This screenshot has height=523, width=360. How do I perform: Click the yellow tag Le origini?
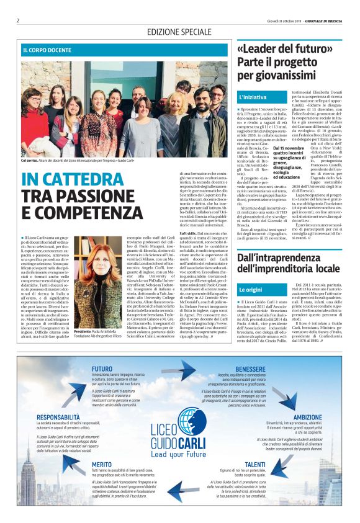(x=251, y=290)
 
